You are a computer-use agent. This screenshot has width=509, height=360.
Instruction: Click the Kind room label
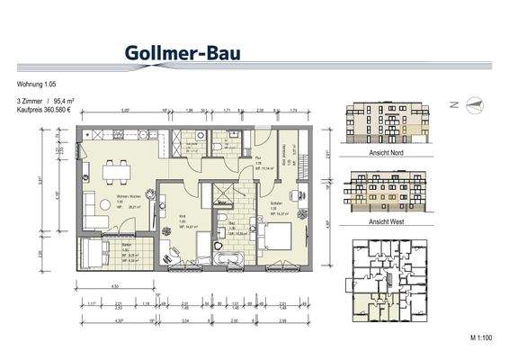click(181, 217)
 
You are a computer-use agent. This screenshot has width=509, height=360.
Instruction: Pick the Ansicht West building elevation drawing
click(382, 193)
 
